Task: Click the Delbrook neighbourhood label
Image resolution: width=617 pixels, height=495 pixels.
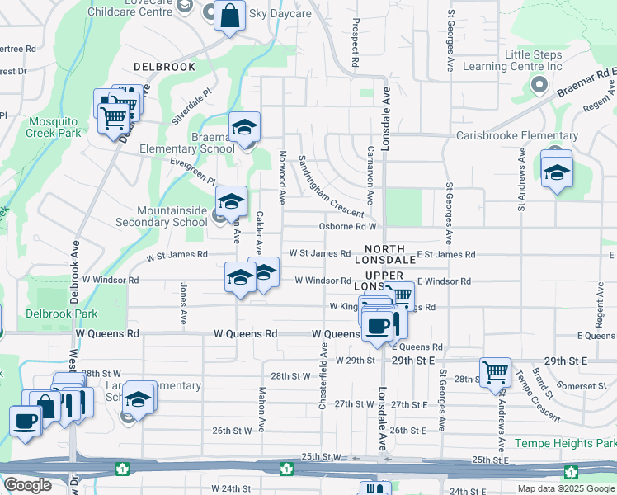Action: click(x=165, y=66)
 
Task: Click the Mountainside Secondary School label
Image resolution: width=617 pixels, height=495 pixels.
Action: click(x=172, y=216)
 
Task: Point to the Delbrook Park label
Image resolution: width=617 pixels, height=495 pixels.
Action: click(x=61, y=313)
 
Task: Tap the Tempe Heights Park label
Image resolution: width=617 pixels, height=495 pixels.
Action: click(x=565, y=443)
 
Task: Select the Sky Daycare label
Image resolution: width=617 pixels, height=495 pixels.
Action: click(x=280, y=14)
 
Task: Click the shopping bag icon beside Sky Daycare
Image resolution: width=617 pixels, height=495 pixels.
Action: click(x=230, y=15)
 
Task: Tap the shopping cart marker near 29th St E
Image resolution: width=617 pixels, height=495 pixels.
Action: click(x=495, y=372)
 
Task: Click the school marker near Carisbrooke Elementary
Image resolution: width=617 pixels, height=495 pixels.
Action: click(x=557, y=172)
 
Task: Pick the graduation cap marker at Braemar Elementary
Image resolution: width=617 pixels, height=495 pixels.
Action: click(x=244, y=127)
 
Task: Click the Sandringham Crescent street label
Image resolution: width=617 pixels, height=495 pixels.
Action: click(x=330, y=186)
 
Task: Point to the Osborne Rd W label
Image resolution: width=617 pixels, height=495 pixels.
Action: click(x=347, y=226)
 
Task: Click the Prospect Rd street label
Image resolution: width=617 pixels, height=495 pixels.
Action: click(x=355, y=43)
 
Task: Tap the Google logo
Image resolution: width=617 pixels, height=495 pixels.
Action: click(x=27, y=485)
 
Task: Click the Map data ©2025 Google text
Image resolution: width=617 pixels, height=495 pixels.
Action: click(x=566, y=488)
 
